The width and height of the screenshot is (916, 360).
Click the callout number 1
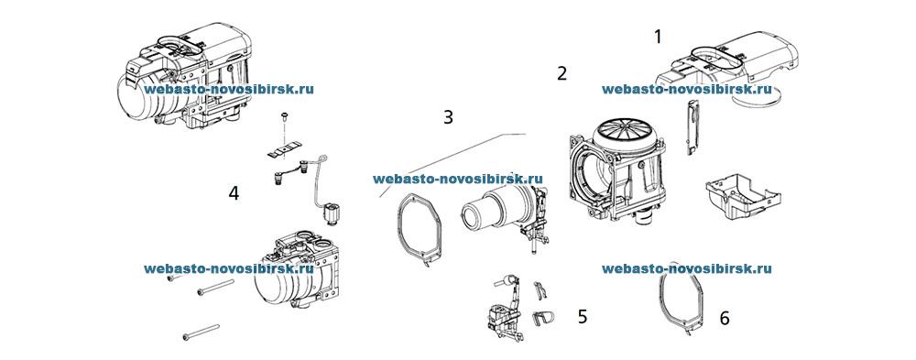pos(657,37)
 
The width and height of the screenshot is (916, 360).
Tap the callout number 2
pos(562,73)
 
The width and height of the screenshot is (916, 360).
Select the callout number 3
pos(448,117)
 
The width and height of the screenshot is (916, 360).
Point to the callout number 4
pos(234,193)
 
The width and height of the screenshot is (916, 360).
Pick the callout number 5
pos(583,317)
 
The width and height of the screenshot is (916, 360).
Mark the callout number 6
pos(725,318)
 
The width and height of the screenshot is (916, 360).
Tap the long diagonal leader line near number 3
pos(440,166)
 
